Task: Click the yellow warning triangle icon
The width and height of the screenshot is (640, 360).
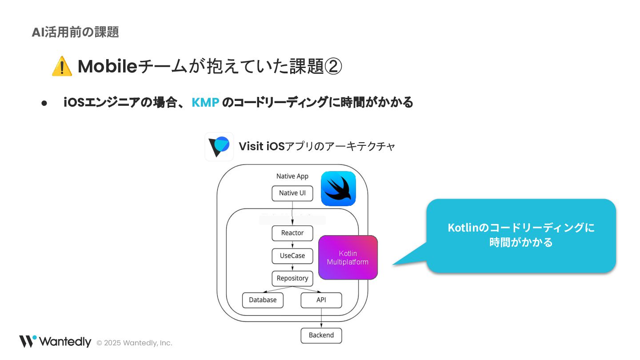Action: (x=62, y=66)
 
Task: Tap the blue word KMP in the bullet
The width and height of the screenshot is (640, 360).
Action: (x=205, y=103)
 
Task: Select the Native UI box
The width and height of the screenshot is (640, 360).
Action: (x=292, y=193)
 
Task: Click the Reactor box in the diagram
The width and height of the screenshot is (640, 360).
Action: (x=292, y=233)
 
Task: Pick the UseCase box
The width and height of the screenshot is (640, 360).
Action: (x=292, y=256)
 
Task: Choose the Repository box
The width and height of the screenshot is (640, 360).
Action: (x=292, y=278)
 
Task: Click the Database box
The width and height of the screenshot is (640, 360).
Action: (x=263, y=300)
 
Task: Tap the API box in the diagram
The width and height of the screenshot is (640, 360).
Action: (x=321, y=300)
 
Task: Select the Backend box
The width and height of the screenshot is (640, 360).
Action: (x=321, y=335)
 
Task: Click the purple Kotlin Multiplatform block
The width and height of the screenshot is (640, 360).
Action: (x=348, y=257)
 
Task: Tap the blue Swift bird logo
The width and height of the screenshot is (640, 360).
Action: (x=338, y=188)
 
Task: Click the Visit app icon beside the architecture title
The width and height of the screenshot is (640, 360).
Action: (x=219, y=147)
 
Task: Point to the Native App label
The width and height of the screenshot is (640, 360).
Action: (x=292, y=176)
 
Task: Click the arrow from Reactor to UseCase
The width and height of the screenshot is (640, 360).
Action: (x=292, y=244)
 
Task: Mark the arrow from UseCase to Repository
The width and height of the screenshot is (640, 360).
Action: (x=292, y=267)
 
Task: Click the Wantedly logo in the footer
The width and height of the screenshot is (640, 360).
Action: (x=55, y=341)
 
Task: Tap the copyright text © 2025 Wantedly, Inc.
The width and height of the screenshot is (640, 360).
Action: (x=134, y=343)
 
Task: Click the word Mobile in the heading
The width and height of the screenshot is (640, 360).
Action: (x=107, y=67)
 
